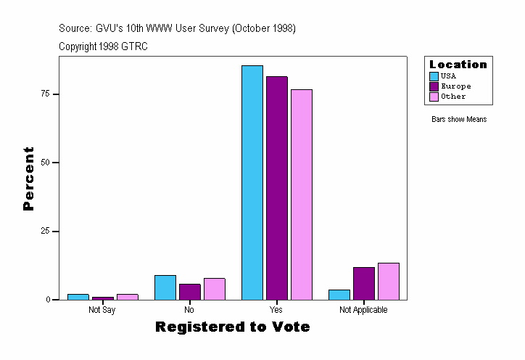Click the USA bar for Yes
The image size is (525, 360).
pos(252,182)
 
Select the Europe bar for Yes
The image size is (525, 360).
pos(277,188)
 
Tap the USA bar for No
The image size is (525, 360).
pos(165,287)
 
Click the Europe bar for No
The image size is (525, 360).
pos(190,292)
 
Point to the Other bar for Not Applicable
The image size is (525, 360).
pos(389,282)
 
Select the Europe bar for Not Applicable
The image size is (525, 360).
pos(364,283)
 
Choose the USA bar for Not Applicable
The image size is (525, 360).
pos(339,295)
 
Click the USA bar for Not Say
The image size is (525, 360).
pos(78,297)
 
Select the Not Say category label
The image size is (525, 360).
pos(102,310)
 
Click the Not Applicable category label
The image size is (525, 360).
pos(364,310)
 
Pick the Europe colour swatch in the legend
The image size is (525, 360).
pos(434,86)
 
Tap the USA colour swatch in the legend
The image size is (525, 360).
pos(434,76)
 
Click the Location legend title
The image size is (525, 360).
pos(458,65)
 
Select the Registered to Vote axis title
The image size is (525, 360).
pos(233,327)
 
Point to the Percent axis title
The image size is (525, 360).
pos(28,179)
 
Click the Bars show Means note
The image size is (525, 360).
pos(459,120)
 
